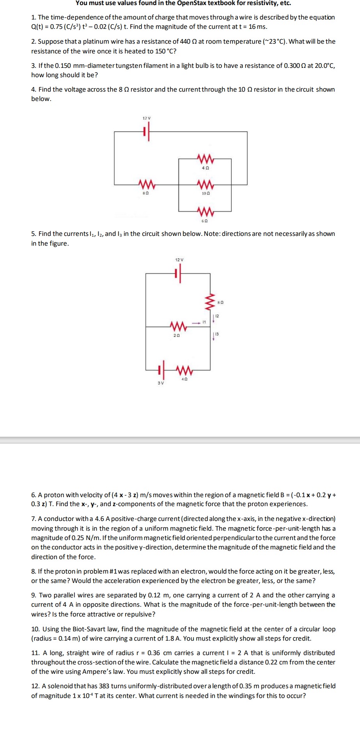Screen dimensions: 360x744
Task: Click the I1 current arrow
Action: [195, 322]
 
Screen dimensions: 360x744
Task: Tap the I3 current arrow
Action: [213, 336]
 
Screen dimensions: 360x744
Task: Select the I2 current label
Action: [217, 316]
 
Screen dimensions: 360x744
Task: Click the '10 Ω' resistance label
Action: [206, 193]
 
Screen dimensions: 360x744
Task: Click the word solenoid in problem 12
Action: [60, 686]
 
